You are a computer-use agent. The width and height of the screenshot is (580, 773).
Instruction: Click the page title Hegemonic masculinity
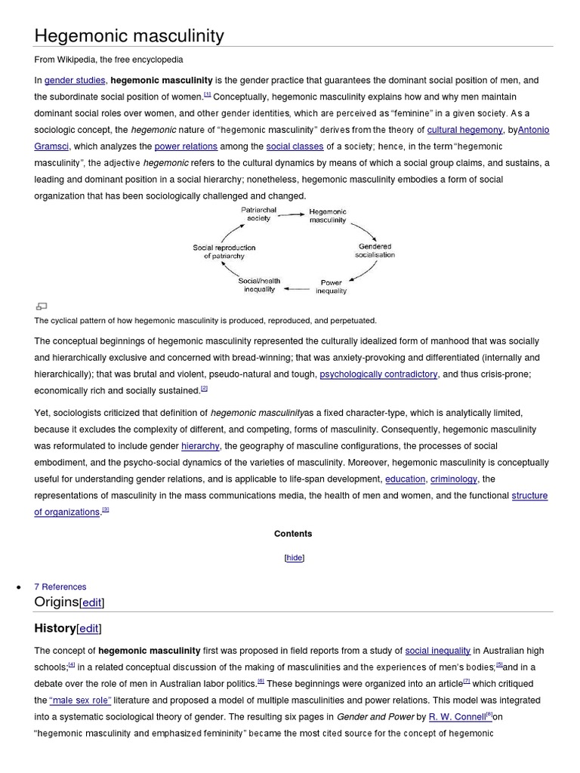pos(129,35)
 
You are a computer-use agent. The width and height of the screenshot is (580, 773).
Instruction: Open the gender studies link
pos(76,80)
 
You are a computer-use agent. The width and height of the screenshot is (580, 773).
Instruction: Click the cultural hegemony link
pos(464,130)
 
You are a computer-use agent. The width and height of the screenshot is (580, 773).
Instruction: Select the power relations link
pos(186,146)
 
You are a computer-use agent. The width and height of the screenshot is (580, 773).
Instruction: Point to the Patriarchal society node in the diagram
pos(258,214)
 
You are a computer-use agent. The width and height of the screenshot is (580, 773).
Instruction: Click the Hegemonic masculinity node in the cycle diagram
pos(328,216)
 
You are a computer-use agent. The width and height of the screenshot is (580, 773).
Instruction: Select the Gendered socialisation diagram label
pos(375,251)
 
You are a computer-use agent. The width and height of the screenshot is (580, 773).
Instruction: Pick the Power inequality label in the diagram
pos(332,287)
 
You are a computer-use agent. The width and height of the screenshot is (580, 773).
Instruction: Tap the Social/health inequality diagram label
pos(260,285)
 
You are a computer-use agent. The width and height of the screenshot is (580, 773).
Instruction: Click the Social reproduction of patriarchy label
pos(224,251)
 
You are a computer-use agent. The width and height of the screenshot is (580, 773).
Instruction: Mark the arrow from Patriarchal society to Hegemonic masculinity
pos(292,214)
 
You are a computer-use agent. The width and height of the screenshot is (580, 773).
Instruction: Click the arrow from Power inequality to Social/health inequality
pos(296,288)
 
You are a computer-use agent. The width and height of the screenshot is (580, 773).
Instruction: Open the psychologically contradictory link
pos(378,374)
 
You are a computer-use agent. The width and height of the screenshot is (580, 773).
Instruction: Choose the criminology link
pos(454,479)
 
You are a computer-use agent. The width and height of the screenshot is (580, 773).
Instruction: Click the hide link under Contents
pos(294,557)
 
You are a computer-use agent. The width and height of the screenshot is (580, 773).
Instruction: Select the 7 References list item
pos(60,587)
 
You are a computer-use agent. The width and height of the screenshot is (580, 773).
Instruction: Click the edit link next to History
pos(89,628)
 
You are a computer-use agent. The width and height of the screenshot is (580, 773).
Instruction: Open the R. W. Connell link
pos(457,716)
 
